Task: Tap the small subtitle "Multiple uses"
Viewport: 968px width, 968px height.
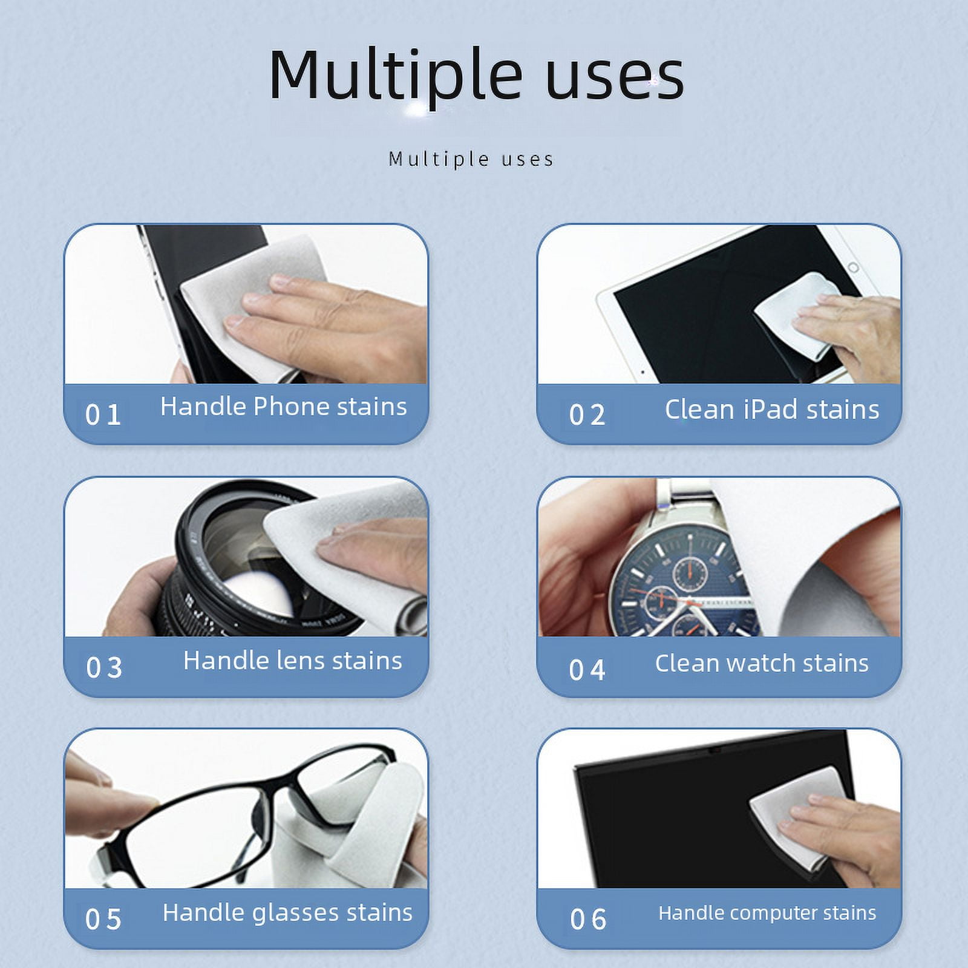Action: (471, 159)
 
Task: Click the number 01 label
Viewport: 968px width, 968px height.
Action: (103, 414)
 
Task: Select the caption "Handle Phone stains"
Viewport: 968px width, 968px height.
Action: (283, 407)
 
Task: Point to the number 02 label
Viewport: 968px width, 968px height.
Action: (587, 414)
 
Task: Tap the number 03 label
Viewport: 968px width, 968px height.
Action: (104, 668)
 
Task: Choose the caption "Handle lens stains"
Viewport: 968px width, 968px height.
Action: (292, 660)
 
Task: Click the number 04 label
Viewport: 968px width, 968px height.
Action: (587, 670)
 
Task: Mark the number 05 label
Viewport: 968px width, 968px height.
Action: (103, 920)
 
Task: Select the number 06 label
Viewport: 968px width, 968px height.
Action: (588, 920)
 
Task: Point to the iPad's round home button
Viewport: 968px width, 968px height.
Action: (853, 267)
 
